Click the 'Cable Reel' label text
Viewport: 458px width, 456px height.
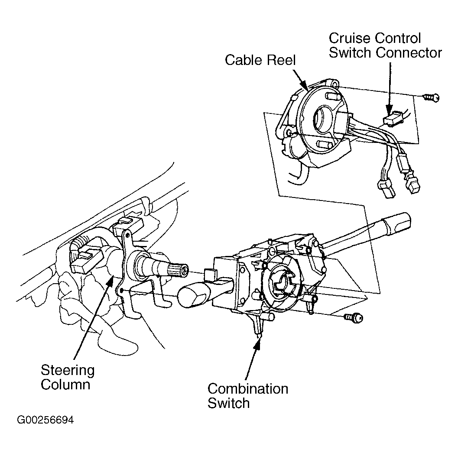point(260,60)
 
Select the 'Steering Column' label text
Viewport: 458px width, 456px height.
point(67,377)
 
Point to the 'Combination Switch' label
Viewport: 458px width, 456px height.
point(247,395)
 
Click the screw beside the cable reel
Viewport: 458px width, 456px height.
point(432,98)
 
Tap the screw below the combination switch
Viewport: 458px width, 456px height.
point(353,318)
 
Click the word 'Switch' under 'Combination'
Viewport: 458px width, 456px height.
point(229,403)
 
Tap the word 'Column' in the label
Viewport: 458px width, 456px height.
point(65,385)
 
